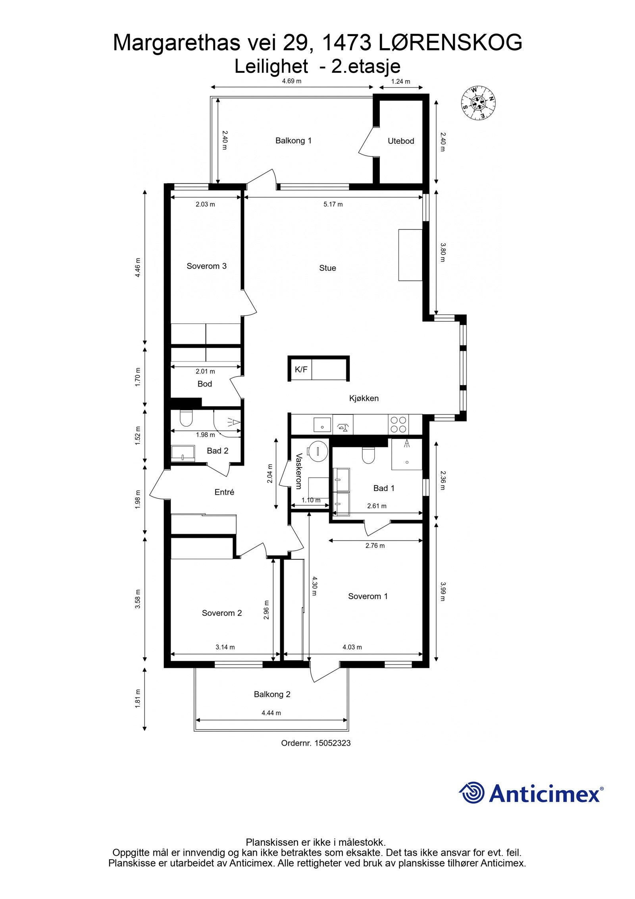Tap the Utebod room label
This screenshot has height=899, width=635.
tap(400, 141)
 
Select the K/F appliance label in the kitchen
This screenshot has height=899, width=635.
tap(301, 369)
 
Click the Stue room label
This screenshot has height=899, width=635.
tap(327, 268)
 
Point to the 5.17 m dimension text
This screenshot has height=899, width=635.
tap(333, 204)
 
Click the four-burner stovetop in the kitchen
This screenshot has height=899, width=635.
tap(398, 424)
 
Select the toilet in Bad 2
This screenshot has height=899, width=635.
tap(186, 418)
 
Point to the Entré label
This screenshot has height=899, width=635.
tap(224, 492)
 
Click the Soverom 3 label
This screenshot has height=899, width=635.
tap(206, 266)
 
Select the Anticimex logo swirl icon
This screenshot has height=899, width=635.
tap(471, 793)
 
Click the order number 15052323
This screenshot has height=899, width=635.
tap(332, 743)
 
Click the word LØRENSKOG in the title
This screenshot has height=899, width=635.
tap(450, 43)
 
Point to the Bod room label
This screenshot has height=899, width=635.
tap(204, 384)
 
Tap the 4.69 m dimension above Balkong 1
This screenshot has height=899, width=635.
tap(291, 81)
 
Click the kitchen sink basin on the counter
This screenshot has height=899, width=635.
tap(322, 424)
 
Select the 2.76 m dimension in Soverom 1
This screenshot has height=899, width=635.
tap(375, 545)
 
